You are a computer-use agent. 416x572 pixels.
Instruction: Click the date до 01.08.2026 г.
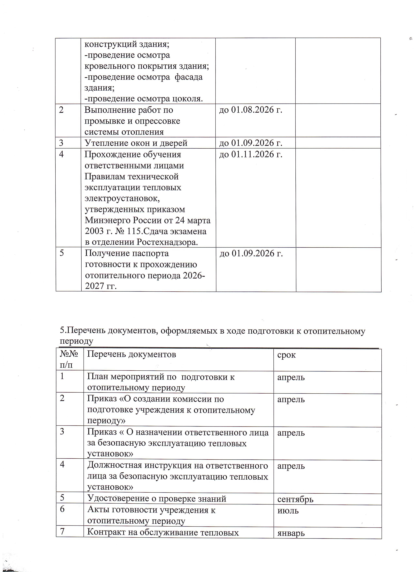[x=250, y=110]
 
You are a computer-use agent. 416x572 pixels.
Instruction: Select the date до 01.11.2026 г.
[x=250, y=154]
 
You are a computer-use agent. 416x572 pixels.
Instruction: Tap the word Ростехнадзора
[x=167, y=242]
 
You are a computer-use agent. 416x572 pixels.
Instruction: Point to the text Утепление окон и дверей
[x=136, y=143]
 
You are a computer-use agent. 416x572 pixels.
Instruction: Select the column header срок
[x=286, y=355]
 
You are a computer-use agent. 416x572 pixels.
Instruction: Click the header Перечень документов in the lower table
[x=131, y=354]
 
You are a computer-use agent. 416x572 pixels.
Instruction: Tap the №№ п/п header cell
[x=69, y=359]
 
